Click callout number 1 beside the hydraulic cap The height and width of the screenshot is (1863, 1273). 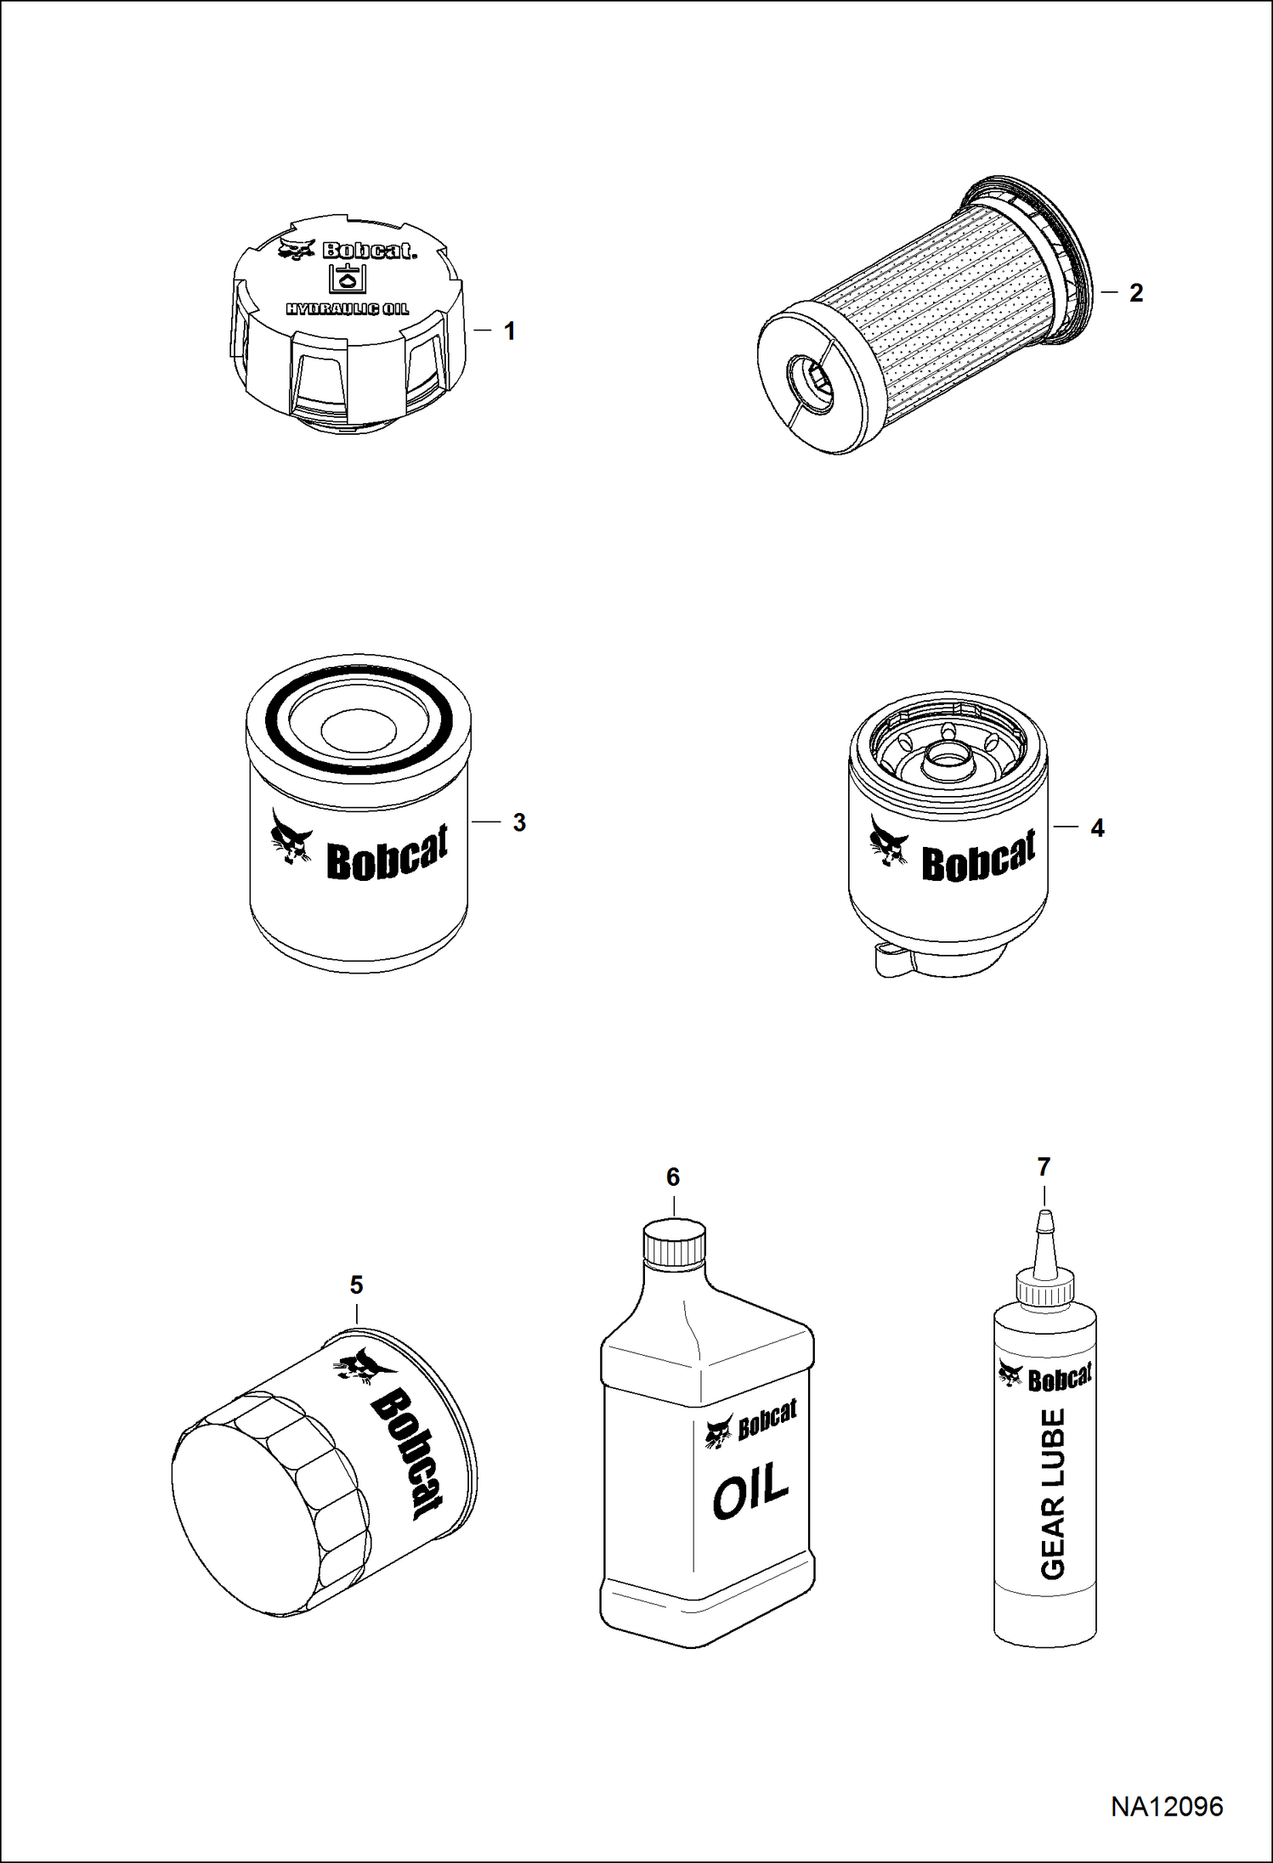[x=510, y=331]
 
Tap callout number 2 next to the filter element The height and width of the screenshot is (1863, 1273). [x=1136, y=293]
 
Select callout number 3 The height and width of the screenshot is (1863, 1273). [x=519, y=822]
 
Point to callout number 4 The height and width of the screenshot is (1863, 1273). [x=1097, y=827]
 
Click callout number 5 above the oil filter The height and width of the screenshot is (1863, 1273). [x=357, y=1285]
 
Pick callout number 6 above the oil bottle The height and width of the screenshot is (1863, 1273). [x=673, y=1177]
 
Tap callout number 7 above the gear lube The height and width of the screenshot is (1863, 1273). [x=1044, y=1167]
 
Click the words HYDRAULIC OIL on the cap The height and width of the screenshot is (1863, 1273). [x=347, y=308]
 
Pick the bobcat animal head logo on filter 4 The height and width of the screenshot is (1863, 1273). [x=889, y=840]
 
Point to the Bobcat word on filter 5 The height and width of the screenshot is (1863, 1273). [x=406, y=1454]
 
